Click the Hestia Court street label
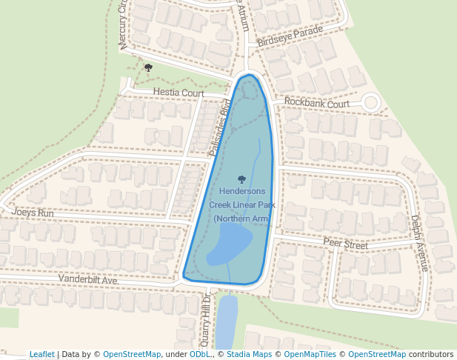pyautogui.click(x=179, y=93)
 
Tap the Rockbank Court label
pyautogui.click(x=316, y=103)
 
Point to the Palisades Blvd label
pyautogui.click(x=221, y=127)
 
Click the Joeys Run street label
pyautogui.click(x=33, y=212)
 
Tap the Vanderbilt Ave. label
pyautogui.click(x=89, y=281)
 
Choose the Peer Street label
pyautogui.click(x=345, y=243)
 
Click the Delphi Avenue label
pyautogui.click(x=419, y=243)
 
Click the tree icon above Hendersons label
pyautogui.click(x=241, y=179)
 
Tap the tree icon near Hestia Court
pyautogui.click(x=148, y=68)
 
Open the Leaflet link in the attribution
pyautogui.click(x=42, y=354)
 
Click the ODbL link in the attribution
pyautogui.click(x=200, y=354)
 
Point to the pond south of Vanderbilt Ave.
pyautogui.click(x=227, y=319)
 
